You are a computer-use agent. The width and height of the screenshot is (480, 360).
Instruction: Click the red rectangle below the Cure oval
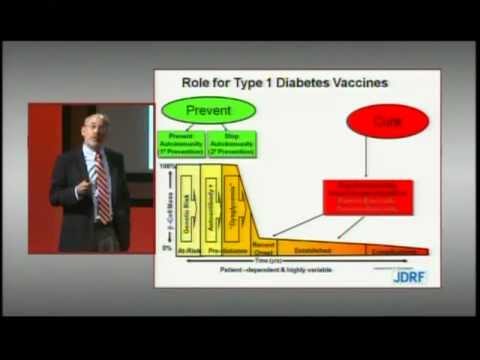tap(367, 196)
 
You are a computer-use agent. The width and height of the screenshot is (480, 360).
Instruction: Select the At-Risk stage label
tap(188, 254)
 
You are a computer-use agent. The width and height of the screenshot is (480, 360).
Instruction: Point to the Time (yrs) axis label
tap(300, 262)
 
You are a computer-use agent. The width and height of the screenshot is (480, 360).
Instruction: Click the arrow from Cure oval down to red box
tap(367, 158)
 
